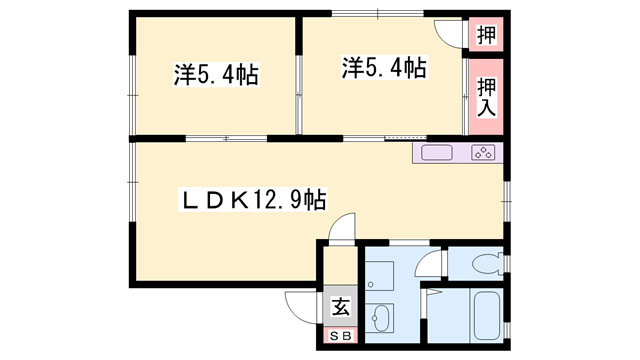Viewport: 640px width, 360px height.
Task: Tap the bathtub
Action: pos(485,317)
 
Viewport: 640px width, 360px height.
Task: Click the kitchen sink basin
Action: pos(438,153)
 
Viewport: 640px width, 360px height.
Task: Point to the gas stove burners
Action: pos(484,153)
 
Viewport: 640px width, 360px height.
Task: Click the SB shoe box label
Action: pos(340,336)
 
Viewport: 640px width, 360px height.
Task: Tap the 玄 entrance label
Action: pos(340,308)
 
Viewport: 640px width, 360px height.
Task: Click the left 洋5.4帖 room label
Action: pos(215,76)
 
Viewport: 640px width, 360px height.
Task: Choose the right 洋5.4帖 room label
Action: pos(385,68)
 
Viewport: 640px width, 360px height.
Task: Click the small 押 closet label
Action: pos(486,35)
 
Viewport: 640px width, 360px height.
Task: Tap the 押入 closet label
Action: pos(486,96)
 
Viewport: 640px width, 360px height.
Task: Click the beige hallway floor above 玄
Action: pos(340,268)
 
